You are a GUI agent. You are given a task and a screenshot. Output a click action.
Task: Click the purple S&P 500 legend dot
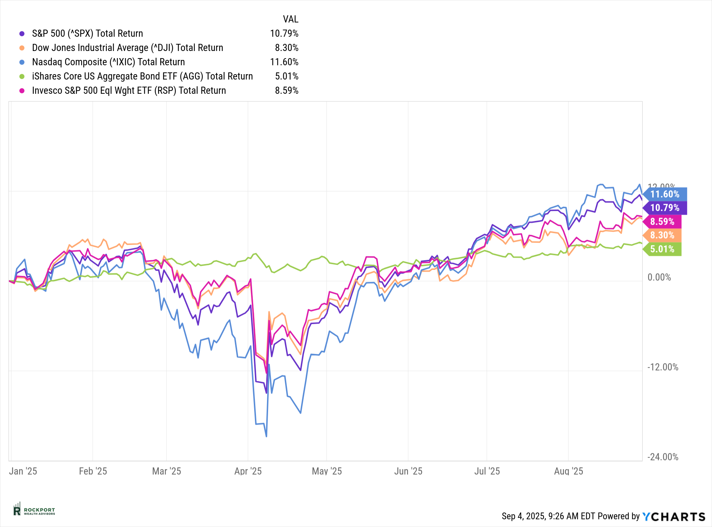[x=22, y=34]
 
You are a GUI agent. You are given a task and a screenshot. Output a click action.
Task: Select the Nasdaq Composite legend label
[x=108, y=62]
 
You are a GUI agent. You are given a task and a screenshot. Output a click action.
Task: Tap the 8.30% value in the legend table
[x=287, y=48]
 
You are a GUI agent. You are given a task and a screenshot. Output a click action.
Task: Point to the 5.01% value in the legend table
[x=287, y=76]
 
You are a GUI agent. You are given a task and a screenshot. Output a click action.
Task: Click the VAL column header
[x=290, y=19]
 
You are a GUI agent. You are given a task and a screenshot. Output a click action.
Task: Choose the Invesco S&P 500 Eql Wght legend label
[x=129, y=91]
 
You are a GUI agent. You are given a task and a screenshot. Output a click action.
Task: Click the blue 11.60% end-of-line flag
[x=665, y=194]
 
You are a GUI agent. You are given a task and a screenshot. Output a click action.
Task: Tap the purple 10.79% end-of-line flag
[x=665, y=208]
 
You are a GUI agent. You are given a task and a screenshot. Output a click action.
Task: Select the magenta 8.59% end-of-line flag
[x=662, y=222]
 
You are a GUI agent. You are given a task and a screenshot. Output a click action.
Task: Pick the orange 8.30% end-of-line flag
[x=662, y=235]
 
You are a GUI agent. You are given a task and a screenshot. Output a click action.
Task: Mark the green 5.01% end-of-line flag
[x=662, y=249]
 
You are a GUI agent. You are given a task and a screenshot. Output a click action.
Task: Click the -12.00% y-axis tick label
[x=663, y=367]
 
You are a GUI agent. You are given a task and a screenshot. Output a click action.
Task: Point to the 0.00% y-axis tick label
[x=659, y=277]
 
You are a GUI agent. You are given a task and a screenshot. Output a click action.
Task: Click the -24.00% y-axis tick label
[x=663, y=457]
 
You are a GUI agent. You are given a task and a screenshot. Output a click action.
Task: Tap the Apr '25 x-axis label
[x=248, y=471]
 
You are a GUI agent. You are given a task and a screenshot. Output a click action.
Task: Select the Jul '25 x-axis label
[x=487, y=471]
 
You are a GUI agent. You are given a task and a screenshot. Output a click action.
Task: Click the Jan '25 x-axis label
[x=23, y=471]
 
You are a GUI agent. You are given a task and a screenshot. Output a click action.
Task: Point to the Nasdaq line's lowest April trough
[x=266, y=436]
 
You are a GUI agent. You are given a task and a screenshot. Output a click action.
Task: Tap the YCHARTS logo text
[x=674, y=516]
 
